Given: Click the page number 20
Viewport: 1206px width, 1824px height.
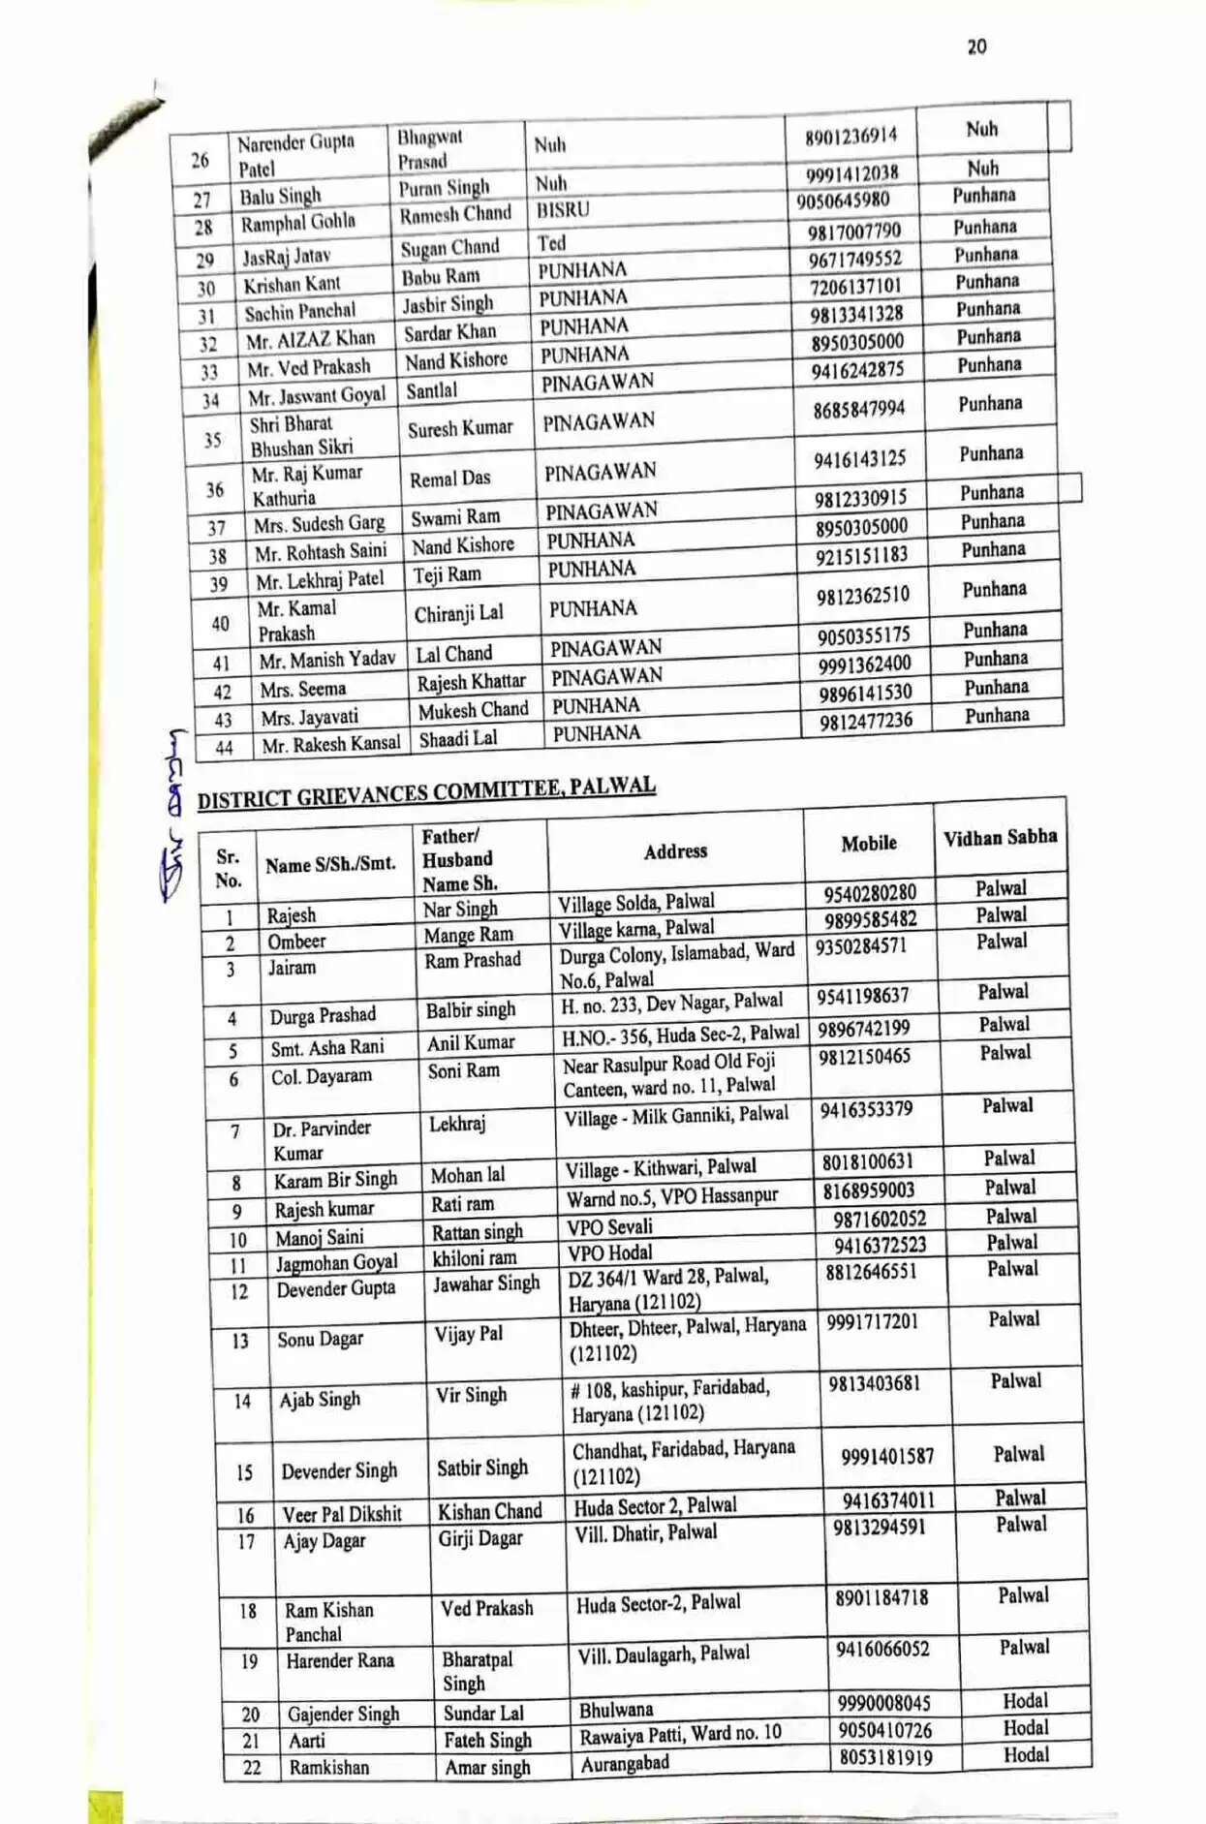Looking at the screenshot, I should point(976,46).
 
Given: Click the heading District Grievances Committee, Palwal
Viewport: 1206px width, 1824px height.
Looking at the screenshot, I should point(426,791).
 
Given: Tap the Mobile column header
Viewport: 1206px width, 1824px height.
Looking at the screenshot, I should point(868,844).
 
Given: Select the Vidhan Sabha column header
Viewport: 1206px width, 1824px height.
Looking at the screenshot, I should point(1000,837).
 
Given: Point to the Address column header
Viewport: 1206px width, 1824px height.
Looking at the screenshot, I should point(675,851).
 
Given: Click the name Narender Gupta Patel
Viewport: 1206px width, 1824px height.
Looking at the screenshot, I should point(295,155).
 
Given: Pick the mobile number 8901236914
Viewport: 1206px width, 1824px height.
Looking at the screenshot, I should point(850,136).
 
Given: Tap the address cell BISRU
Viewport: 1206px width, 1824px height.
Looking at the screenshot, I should point(563,210).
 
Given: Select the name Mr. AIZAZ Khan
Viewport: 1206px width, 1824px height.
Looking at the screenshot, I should point(310,340).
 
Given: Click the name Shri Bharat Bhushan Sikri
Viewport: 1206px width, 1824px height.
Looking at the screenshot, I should point(300,436).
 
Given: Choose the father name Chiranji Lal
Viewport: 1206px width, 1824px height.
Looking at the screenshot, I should point(458,613).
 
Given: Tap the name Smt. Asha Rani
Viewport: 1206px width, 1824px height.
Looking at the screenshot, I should point(326,1047).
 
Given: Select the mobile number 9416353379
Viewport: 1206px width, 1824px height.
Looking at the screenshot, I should point(866,1110).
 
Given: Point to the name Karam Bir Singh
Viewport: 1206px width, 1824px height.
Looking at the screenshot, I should point(335,1180).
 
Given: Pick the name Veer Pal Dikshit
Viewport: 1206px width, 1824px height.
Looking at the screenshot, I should point(342,1514).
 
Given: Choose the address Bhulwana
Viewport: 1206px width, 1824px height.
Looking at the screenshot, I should point(616,1710).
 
